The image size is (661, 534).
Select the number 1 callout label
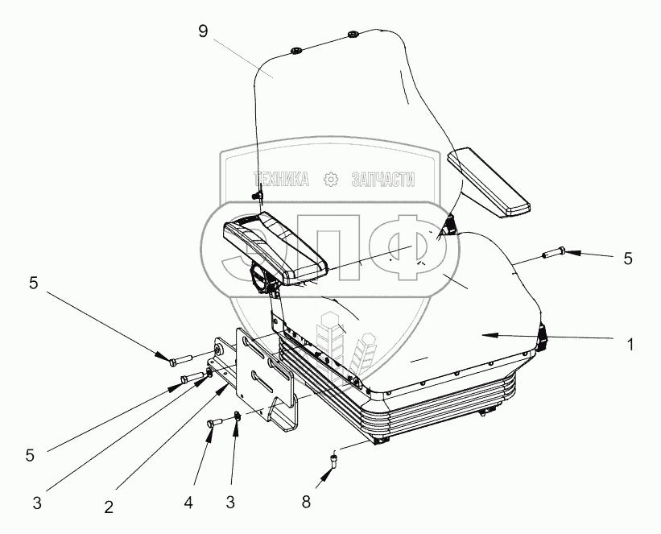pos(631,344)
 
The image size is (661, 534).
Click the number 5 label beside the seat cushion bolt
pos(628,259)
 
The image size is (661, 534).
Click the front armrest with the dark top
pos(274,245)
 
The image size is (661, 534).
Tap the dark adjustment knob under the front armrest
pos(263,281)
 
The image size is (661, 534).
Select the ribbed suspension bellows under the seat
pos(435,411)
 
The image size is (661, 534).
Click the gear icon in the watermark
pos(330,180)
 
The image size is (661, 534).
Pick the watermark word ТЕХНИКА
pos(282,180)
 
